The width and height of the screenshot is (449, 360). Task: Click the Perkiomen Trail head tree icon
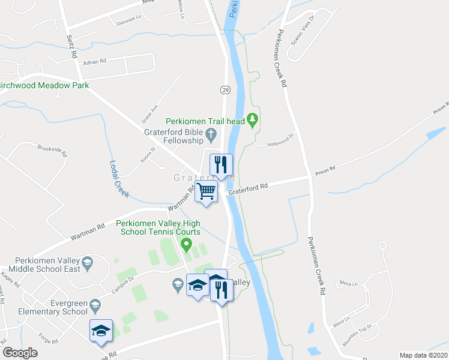pos(253,121)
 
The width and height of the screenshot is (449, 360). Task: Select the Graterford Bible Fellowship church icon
pos(211,133)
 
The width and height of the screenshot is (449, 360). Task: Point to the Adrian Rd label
pos(95,61)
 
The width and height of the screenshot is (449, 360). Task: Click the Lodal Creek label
pos(119,179)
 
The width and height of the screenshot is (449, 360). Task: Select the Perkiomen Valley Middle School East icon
pos(87,263)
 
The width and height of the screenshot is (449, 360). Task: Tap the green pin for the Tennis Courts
pos(186,244)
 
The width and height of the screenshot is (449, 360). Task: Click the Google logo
pos(20,353)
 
